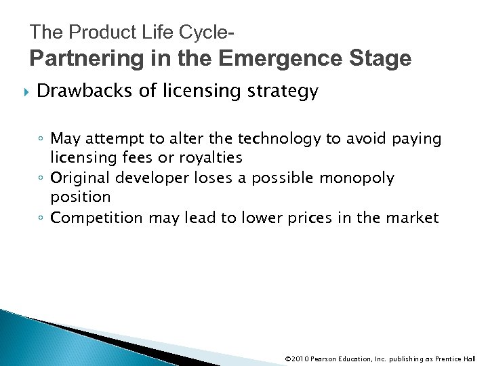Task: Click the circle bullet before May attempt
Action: click(x=41, y=140)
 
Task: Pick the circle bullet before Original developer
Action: click(x=41, y=179)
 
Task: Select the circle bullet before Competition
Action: click(x=41, y=218)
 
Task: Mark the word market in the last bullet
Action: click(x=415, y=218)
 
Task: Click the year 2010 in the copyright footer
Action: click(x=300, y=359)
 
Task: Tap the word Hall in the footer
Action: click(x=470, y=359)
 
